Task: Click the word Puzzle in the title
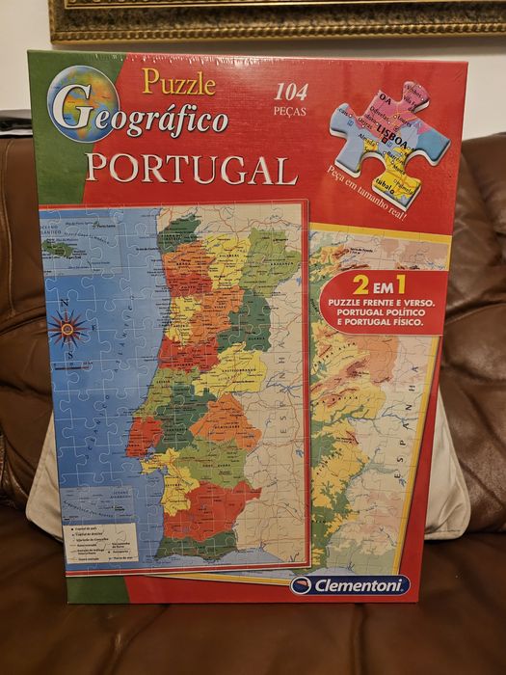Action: (178, 82)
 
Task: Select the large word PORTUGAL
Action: (191, 169)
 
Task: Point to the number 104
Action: (291, 94)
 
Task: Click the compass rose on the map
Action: (67, 330)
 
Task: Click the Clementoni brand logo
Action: (350, 584)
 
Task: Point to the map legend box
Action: (99, 542)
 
